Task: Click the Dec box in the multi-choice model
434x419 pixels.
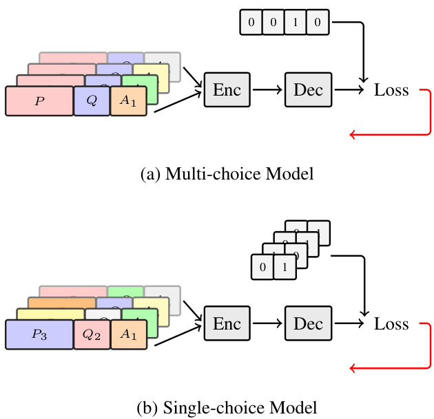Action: (x=308, y=89)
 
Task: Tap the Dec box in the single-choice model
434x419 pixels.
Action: (x=308, y=324)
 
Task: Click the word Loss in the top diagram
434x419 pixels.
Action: (x=391, y=90)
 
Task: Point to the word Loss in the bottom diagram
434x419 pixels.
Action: (x=391, y=325)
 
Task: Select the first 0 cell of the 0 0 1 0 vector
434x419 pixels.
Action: (x=251, y=23)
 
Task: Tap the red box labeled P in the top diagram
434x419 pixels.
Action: (x=39, y=100)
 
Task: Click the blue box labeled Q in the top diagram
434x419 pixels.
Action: (x=91, y=100)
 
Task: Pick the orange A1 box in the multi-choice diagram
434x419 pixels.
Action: (x=128, y=100)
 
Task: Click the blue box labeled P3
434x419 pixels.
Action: (x=39, y=335)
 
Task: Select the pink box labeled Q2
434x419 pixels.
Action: (x=91, y=335)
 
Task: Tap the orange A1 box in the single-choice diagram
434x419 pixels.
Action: (x=128, y=335)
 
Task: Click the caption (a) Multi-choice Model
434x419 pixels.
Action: (x=227, y=174)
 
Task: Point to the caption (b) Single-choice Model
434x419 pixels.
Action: (x=227, y=407)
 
